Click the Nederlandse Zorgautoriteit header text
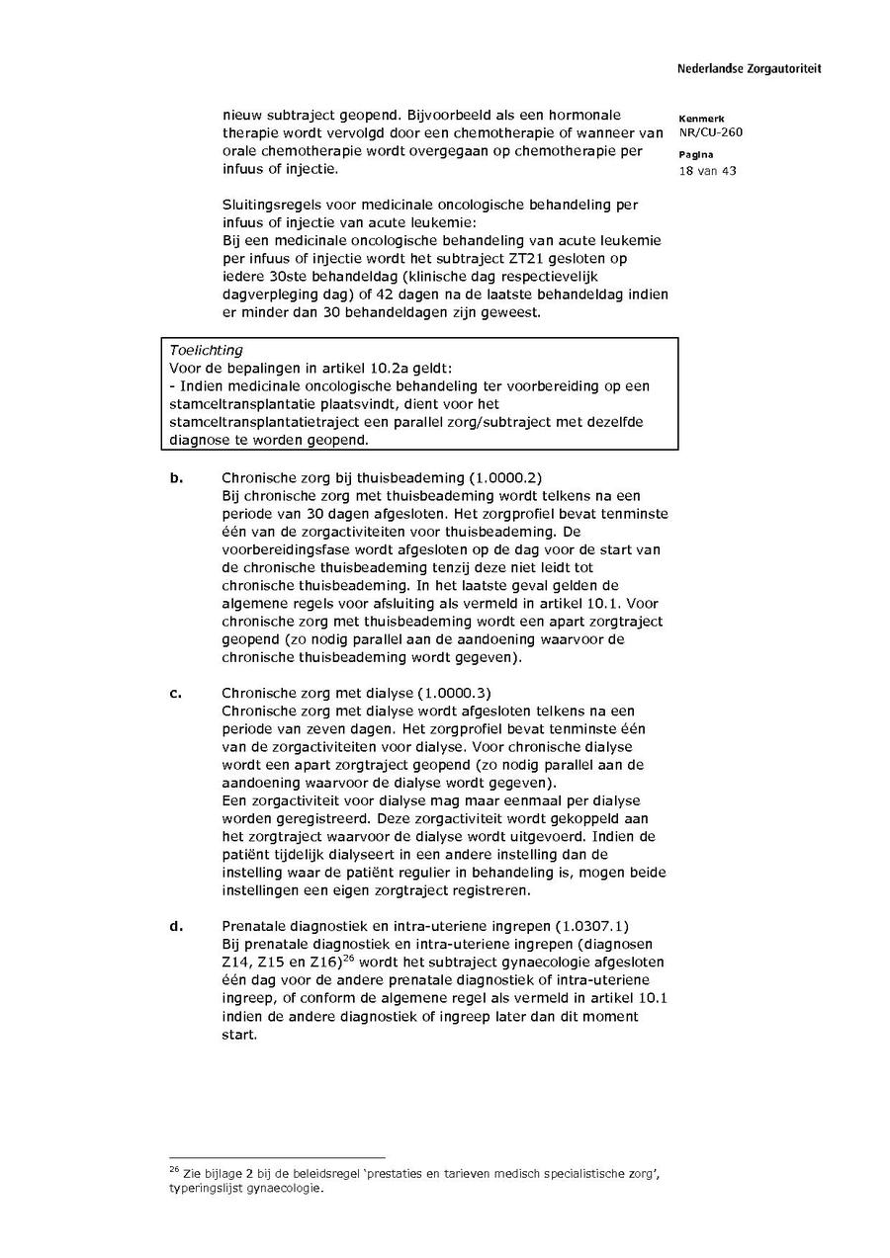pos(749,69)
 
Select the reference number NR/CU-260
pos(710,132)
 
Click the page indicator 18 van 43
pos(707,171)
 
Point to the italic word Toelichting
pos(206,350)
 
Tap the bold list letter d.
pos(176,926)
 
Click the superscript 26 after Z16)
pos(348,957)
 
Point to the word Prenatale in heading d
pos(254,926)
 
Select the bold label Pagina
pos(692,156)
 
